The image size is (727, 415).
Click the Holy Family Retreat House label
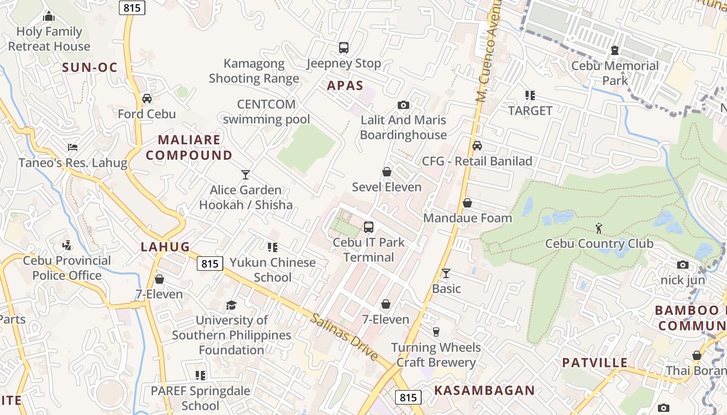(49, 39)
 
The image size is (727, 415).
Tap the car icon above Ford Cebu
(147, 98)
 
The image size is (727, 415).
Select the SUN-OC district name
(89, 67)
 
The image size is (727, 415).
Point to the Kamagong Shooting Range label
(254, 71)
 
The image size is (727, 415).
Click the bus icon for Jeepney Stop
(344, 48)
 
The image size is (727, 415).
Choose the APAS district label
(345, 86)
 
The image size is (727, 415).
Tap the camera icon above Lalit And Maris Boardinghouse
(403, 105)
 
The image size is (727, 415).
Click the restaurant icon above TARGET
(530, 95)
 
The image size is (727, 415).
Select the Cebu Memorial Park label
(615, 73)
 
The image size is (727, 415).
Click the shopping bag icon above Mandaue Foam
(467, 203)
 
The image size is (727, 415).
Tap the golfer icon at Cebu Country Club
(599, 228)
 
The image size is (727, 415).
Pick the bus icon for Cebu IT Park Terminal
(369, 227)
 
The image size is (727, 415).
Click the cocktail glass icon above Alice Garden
(246, 174)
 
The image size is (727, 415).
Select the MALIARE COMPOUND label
(189, 147)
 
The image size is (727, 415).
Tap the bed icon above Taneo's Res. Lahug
(73, 147)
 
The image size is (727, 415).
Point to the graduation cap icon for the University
(231, 305)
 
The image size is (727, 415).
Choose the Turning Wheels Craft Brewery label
(436, 355)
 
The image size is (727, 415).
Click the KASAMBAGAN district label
(484, 391)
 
